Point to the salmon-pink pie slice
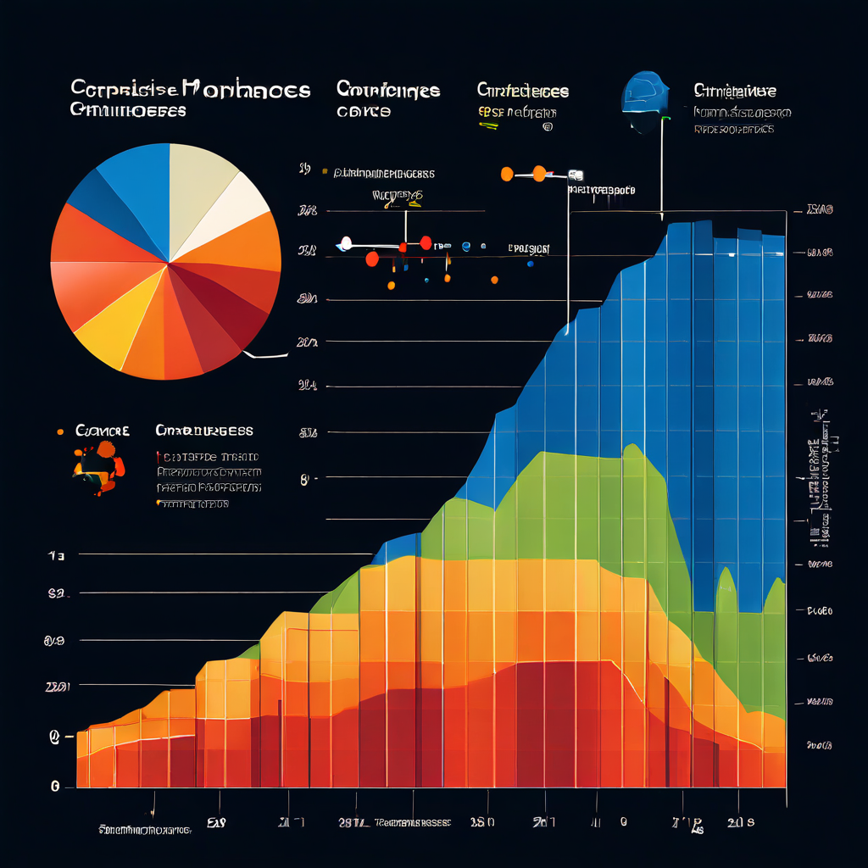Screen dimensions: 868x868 click(x=81, y=292)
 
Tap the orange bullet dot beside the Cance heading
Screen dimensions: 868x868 click(x=60, y=431)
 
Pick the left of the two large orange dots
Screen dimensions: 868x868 click(x=507, y=175)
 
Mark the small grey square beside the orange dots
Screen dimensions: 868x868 click(x=576, y=175)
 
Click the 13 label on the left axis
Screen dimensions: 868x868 click(x=56, y=556)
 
